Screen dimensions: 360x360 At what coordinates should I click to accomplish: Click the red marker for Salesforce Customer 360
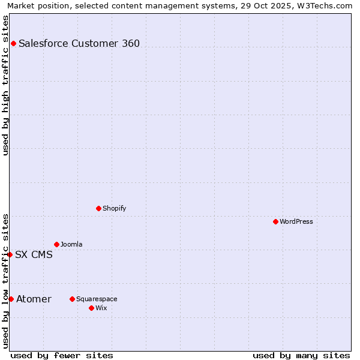point(13,43)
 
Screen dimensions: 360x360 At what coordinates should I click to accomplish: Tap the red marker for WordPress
point(275,221)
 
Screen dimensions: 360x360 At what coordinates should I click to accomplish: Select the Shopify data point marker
point(98,208)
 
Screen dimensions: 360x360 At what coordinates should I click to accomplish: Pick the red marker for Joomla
point(56,244)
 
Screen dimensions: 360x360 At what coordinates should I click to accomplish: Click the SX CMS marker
point(10,254)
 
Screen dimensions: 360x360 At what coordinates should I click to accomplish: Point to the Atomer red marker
point(11,299)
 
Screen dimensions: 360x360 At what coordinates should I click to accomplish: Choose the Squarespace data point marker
point(72,299)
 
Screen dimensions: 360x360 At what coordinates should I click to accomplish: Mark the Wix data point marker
point(91,308)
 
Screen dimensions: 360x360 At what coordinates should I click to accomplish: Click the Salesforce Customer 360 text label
point(79,43)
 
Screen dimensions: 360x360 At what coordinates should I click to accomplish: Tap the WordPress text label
point(296,221)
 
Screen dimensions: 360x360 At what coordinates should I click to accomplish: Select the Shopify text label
point(114,208)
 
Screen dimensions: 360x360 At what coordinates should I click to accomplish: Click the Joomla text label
point(71,244)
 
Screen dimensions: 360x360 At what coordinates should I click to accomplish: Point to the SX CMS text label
point(34,254)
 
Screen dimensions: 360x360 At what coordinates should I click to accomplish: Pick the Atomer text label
point(34,299)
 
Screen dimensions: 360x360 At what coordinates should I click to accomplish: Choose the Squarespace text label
point(97,299)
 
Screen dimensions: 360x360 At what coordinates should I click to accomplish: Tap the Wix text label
point(101,308)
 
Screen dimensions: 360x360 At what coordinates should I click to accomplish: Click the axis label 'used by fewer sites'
point(62,355)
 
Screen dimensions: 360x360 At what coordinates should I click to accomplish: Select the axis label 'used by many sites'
point(301,355)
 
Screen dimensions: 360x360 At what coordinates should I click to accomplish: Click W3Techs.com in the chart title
point(322,6)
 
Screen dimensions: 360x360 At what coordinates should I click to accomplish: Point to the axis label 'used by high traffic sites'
point(6,85)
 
